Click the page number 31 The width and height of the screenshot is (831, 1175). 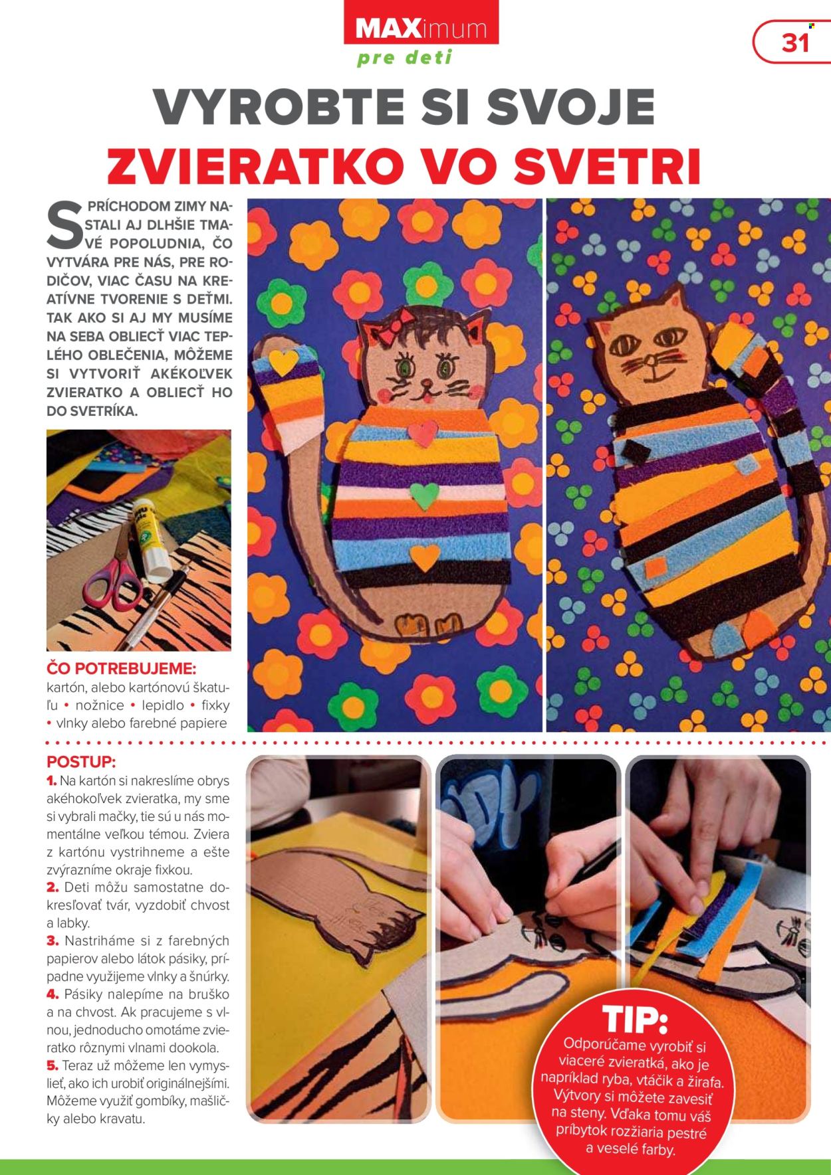(x=795, y=43)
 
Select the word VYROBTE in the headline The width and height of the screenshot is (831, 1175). (x=273, y=106)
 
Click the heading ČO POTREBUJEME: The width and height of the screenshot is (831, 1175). (x=121, y=668)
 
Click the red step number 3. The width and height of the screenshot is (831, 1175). (x=53, y=941)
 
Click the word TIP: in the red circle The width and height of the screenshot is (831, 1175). (x=635, y=1020)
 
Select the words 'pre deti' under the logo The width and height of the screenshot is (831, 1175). (x=405, y=58)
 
